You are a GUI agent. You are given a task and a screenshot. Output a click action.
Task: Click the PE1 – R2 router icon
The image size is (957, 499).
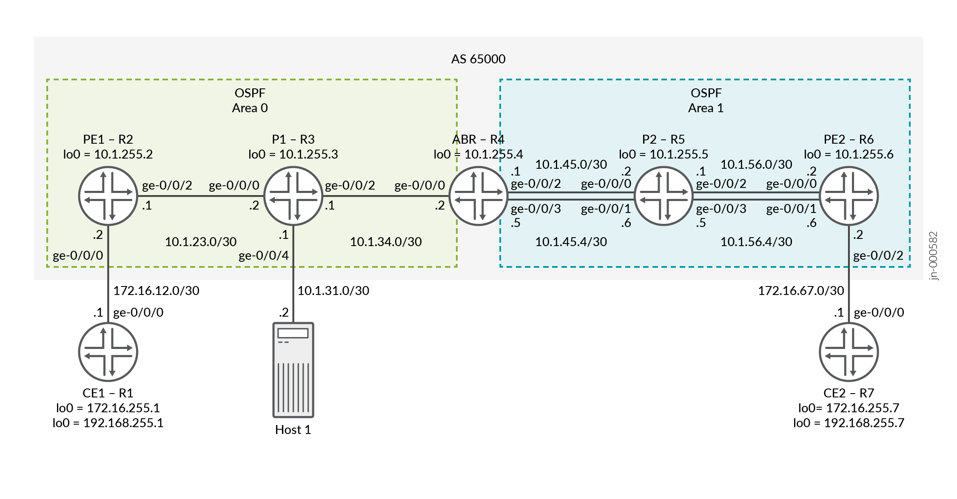[x=108, y=196]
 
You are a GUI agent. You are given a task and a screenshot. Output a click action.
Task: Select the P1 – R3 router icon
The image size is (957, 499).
[x=293, y=196]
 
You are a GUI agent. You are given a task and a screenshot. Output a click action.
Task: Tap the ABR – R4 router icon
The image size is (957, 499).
[x=478, y=196]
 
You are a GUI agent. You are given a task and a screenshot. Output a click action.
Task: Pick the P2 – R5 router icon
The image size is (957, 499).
[x=664, y=196]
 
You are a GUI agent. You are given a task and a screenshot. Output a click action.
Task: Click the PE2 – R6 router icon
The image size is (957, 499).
[x=849, y=196]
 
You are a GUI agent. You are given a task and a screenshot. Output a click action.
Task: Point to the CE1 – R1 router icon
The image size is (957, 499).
[x=108, y=352]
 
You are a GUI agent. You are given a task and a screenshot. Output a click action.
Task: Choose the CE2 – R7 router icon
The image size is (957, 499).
[x=849, y=352]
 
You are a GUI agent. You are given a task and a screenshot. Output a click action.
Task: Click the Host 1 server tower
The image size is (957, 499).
[x=293, y=370]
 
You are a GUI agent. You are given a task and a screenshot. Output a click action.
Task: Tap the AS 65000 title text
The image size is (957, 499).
[x=478, y=59]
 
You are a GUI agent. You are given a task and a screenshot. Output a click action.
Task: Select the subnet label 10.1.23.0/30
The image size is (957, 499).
[x=200, y=242]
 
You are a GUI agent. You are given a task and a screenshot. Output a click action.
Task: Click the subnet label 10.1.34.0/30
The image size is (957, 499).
[x=385, y=242]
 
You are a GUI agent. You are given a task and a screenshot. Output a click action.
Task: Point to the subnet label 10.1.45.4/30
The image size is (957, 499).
[x=571, y=242]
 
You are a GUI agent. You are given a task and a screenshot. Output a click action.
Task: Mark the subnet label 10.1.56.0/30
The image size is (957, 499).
[x=756, y=164]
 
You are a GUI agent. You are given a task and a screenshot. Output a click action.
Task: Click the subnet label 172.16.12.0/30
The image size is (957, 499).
[x=156, y=291]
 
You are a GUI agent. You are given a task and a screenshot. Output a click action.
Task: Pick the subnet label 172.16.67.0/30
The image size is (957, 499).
[x=800, y=291]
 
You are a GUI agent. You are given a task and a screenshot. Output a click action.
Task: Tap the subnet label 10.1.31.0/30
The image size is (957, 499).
[x=333, y=291]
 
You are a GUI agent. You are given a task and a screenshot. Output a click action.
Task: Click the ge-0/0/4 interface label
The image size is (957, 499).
[x=263, y=255]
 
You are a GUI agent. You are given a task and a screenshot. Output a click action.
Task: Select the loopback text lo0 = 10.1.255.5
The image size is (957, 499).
[x=663, y=154]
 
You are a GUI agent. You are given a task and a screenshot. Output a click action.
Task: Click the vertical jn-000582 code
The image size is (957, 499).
[x=933, y=255]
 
